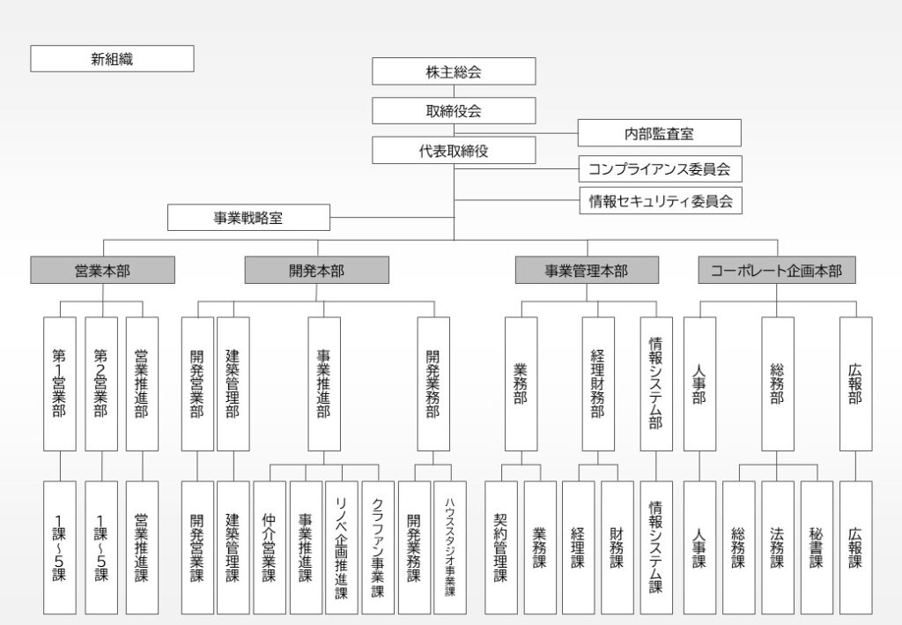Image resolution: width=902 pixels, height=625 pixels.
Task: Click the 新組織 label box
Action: tap(112, 59)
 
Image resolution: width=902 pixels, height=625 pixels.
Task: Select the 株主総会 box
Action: tap(454, 71)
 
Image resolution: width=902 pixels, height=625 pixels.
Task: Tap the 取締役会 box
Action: tap(454, 111)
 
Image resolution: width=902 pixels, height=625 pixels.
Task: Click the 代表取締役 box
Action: tap(454, 151)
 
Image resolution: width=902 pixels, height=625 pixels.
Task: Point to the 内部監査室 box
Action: tap(659, 133)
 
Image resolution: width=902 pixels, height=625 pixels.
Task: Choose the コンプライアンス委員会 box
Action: tap(660, 167)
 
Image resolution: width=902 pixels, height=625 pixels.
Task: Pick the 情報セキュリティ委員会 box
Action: tap(660, 201)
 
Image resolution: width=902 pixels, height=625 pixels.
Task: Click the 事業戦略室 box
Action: tap(248, 218)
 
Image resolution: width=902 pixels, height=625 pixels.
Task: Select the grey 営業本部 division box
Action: tap(102, 271)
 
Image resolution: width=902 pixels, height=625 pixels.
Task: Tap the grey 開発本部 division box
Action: tap(316, 271)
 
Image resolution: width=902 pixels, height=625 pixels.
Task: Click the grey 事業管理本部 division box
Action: tap(586, 271)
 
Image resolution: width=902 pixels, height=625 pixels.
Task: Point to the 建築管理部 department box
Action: tap(233, 383)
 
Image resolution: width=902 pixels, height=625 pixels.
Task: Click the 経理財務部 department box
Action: tap(598, 383)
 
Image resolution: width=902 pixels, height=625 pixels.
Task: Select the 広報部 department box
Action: tap(855, 383)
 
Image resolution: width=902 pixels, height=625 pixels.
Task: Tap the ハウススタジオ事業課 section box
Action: tap(450, 547)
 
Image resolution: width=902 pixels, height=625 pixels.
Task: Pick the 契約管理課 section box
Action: tap(501, 547)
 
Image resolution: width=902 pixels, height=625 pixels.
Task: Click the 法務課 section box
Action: tap(778, 547)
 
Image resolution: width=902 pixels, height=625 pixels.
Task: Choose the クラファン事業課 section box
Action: tap(378, 547)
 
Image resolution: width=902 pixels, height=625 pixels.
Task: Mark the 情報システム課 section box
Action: tap(656, 547)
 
